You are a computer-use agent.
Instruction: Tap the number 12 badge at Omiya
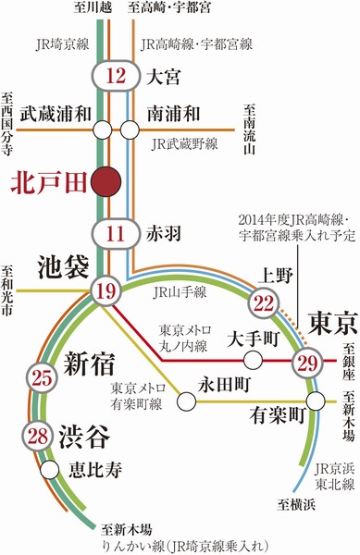coord(117,77)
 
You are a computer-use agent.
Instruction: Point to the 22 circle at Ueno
coord(265,302)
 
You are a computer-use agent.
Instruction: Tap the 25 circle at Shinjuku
coord(41,376)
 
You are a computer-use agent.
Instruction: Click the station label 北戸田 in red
coord(42,182)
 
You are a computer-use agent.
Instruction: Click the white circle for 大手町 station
coord(251,339)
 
